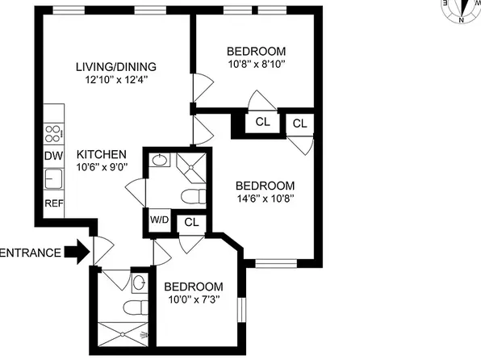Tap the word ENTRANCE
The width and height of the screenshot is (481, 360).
30,253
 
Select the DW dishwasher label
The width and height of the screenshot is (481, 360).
53,156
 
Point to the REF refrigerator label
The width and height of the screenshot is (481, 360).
53,203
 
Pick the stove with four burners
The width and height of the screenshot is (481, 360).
53,133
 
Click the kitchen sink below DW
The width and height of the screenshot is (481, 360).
53,178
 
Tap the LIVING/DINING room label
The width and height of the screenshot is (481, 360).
115,66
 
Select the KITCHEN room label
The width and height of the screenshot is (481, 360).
102,154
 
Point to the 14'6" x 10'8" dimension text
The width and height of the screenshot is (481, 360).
259,199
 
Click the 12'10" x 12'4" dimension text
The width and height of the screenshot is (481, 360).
115,80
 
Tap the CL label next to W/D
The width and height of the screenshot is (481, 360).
191,221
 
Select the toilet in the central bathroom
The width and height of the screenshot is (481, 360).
190,196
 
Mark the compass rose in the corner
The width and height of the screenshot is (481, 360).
460,10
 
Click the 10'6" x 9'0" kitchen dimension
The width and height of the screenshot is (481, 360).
102,168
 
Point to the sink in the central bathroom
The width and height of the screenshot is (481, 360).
159,161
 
